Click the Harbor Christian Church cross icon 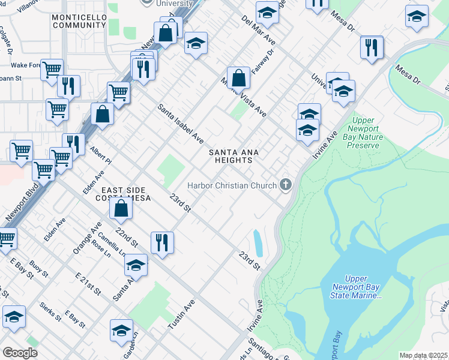[286, 185]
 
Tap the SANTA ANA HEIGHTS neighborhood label [234, 157]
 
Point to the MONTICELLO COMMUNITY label [79, 22]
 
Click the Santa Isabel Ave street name [181, 124]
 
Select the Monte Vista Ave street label [243, 97]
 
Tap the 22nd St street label [127, 238]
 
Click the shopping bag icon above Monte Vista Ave [239, 77]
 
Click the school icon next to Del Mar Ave [267, 12]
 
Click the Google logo [20, 353]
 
